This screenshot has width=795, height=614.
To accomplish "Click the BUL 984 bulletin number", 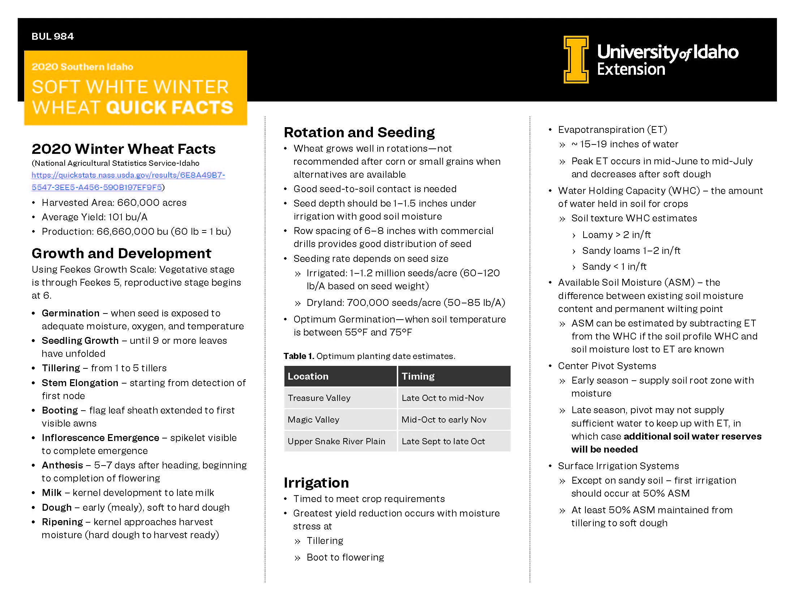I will [52, 36].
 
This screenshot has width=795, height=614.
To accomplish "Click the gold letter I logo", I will [576, 59].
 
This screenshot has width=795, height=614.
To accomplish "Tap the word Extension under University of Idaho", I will [631, 69].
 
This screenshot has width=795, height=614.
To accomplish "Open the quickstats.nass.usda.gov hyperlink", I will [128, 181].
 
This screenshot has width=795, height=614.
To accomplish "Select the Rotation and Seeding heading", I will [359, 133].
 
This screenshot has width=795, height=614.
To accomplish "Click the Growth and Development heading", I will [121, 253].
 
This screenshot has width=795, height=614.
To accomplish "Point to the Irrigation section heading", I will [316, 483].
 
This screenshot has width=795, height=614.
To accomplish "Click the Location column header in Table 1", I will [308, 376].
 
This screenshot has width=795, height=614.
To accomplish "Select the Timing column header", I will [418, 376].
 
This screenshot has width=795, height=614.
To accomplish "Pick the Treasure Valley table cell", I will [319, 398].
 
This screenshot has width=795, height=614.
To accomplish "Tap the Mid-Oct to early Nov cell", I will [444, 419].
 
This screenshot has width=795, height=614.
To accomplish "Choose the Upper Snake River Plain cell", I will [336, 441].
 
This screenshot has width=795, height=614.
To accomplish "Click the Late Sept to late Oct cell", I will [443, 441].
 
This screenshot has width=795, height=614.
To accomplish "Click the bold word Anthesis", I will [62, 465].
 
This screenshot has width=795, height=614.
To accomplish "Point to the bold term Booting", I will [60, 410].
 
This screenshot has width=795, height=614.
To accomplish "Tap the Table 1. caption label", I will [298, 356].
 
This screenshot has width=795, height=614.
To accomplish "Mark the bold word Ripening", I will [62, 522].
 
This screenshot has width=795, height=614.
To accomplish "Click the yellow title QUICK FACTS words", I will [169, 108].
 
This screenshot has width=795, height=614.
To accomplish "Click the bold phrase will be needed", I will [604, 449].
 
